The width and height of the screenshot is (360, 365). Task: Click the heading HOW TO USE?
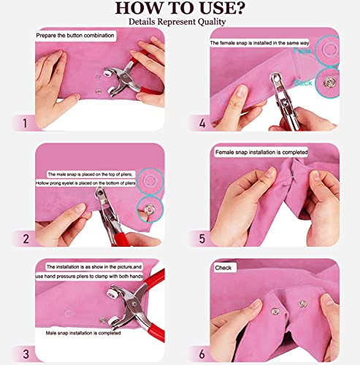point(180,9)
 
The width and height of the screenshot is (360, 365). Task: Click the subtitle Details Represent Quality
point(180,22)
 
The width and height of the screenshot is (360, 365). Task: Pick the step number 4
point(202,123)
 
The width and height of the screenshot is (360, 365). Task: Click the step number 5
point(202,238)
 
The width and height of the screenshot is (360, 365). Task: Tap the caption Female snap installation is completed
point(261,153)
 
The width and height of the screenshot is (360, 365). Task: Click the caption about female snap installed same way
point(256,44)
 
